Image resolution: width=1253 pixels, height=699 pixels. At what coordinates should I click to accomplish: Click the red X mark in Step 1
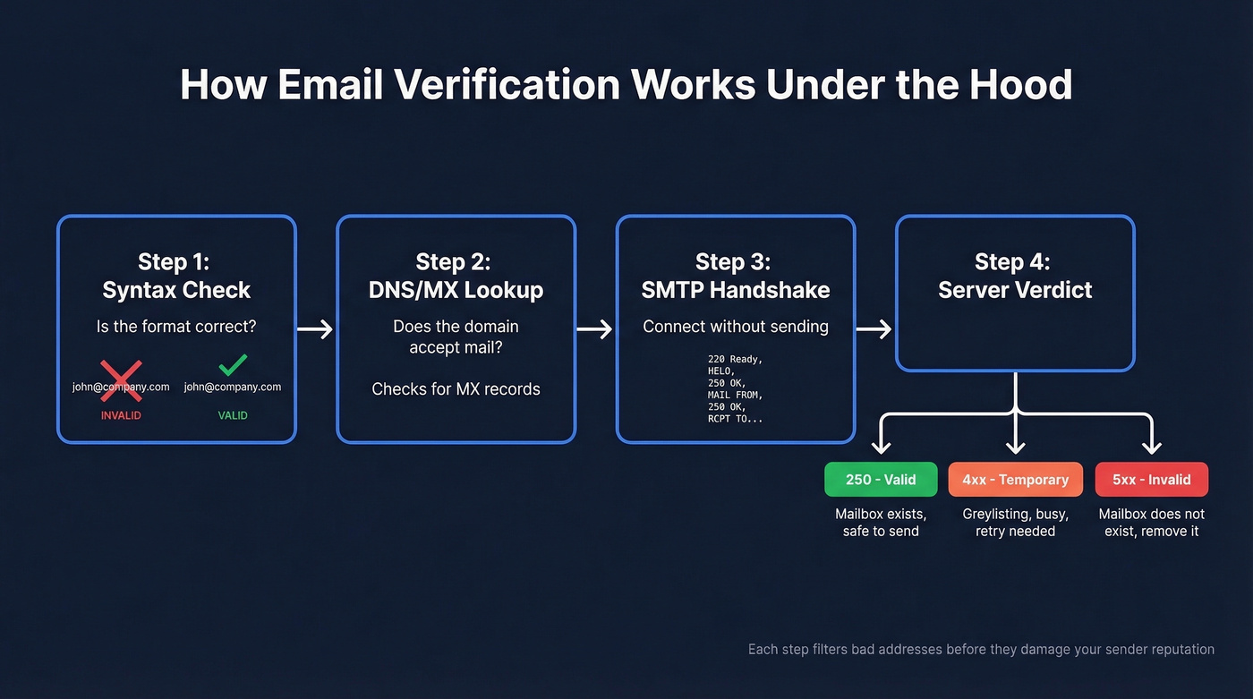tap(121, 380)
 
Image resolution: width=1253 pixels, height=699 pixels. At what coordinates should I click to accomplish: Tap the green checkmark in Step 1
tap(233, 364)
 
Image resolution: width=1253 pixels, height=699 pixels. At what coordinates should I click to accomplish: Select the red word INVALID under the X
tap(121, 415)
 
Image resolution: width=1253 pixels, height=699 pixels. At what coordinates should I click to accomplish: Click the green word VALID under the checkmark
tap(233, 415)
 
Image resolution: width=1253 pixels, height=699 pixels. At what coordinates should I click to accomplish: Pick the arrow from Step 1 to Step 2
tap(315, 330)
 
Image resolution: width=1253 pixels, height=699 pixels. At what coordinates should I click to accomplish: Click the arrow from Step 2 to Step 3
tap(594, 330)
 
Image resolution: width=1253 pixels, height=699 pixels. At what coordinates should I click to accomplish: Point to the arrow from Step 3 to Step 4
tap(874, 330)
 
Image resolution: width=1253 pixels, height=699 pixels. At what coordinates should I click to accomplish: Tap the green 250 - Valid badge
tap(881, 480)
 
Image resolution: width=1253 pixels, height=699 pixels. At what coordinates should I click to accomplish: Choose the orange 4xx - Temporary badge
tap(1015, 480)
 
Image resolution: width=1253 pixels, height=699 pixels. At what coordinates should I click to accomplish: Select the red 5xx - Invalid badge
tap(1151, 480)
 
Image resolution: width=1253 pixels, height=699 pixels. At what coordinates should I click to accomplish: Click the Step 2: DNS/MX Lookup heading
tap(456, 276)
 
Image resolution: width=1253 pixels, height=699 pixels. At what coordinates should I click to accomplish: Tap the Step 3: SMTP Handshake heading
tap(735, 276)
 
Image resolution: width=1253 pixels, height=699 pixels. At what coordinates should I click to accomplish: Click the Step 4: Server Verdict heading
tap(1014, 276)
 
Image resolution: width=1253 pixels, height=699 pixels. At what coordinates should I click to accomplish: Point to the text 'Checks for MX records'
tap(456, 388)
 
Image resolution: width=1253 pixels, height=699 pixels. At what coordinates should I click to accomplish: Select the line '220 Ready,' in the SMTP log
tap(735, 359)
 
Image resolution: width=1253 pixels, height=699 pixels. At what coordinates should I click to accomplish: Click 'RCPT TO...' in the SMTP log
tap(735, 418)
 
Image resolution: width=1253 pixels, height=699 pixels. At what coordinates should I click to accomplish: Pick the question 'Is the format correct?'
tap(176, 327)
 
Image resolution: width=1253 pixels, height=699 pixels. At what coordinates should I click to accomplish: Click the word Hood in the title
tap(1024, 85)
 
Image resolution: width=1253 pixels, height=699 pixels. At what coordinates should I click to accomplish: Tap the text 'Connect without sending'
tap(735, 327)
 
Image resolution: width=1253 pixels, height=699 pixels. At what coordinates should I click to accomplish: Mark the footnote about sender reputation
tap(981, 649)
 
